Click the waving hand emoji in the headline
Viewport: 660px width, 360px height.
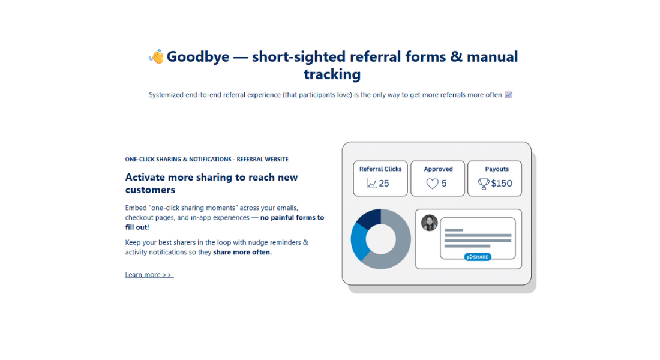click(156, 57)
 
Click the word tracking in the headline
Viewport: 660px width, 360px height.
click(332, 74)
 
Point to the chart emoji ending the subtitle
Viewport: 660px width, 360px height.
click(509, 95)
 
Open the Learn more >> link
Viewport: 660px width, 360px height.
click(149, 275)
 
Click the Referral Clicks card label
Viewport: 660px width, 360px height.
click(380, 169)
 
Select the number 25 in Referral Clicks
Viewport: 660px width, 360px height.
click(384, 184)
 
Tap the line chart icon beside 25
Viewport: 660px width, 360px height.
click(372, 184)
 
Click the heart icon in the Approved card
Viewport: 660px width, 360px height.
click(432, 184)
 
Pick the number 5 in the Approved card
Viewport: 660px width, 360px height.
click(444, 184)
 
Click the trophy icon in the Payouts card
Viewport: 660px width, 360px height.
click(484, 184)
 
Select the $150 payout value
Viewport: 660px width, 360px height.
click(502, 184)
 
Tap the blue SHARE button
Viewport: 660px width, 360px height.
click(478, 257)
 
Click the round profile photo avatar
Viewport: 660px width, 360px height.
click(430, 223)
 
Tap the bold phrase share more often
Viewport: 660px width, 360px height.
click(242, 253)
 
